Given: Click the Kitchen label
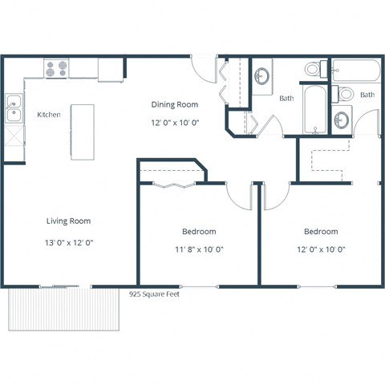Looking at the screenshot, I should click(x=48, y=115).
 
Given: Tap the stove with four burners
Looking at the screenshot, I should click(x=55, y=70).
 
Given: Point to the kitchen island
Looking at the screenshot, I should click(x=82, y=132).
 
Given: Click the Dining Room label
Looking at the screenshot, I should click(x=175, y=104).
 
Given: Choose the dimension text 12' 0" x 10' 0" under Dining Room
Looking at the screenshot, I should click(x=175, y=122).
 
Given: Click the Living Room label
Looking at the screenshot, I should click(x=67, y=221).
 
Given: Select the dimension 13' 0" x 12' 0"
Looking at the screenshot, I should click(x=67, y=241).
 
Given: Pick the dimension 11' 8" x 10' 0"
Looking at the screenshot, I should click(x=198, y=249).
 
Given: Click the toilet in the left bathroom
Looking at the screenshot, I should click(x=312, y=70).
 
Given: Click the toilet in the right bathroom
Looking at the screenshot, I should click(x=345, y=94).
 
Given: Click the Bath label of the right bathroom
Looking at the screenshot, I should click(x=367, y=95).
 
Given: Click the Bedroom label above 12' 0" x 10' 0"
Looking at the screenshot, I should click(x=320, y=231).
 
